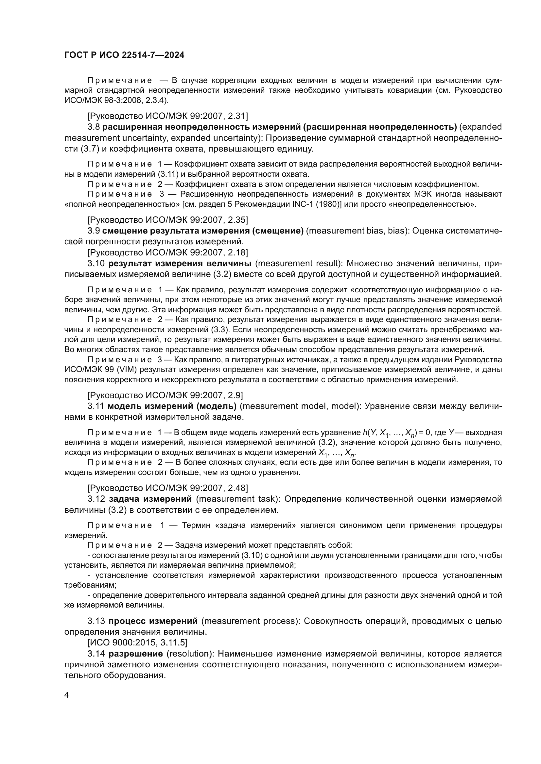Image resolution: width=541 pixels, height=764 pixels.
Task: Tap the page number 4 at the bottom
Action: click(x=67, y=695)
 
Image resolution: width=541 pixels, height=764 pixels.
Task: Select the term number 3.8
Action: click(x=94, y=127)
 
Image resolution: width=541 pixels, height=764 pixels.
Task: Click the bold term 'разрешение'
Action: click(x=136, y=654)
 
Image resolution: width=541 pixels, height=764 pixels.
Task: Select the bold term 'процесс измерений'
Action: click(x=153, y=621)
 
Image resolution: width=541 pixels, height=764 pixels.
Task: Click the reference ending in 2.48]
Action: click(x=167, y=488)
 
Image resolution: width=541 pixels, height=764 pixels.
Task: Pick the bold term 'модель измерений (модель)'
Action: click(x=172, y=406)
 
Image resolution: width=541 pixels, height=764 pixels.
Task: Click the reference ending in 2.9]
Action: click(x=165, y=395)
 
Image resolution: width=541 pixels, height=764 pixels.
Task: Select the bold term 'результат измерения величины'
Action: click(x=180, y=264)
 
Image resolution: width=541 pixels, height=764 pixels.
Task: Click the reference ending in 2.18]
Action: click(x=167, y=252)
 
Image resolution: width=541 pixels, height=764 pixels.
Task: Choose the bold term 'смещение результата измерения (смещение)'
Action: click(x=203, y=231)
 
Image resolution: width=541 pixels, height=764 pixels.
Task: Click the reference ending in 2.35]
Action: click(x=167, y=219)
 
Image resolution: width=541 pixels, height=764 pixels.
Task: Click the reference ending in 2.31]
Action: click(x=167, y=116)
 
